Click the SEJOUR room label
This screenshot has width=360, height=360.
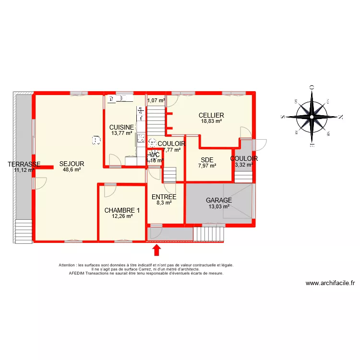pos(72,164)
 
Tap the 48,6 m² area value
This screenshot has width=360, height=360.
pos(72,169)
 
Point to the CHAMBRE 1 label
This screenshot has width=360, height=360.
pos(122,210)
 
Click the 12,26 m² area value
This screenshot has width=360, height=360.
pos(122,216)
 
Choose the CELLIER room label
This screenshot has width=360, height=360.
pos(211,115)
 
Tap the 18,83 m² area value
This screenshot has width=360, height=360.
pos(211,121)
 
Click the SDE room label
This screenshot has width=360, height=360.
pos(207,160)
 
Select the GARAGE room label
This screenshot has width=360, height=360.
pos(219,201)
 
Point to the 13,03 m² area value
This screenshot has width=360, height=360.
pos(219,207)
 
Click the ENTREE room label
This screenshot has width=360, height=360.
pos(164,197)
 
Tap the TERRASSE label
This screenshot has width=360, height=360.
pos(24,164)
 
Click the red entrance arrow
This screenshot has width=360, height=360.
pos(156,251)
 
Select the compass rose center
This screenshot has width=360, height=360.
pos(312,116)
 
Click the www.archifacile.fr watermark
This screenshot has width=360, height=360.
pos(330,283)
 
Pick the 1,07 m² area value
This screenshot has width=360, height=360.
pos(156,101)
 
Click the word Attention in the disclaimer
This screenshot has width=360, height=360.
pos(68,265)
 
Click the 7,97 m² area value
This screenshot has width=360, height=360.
pos(207,166)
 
